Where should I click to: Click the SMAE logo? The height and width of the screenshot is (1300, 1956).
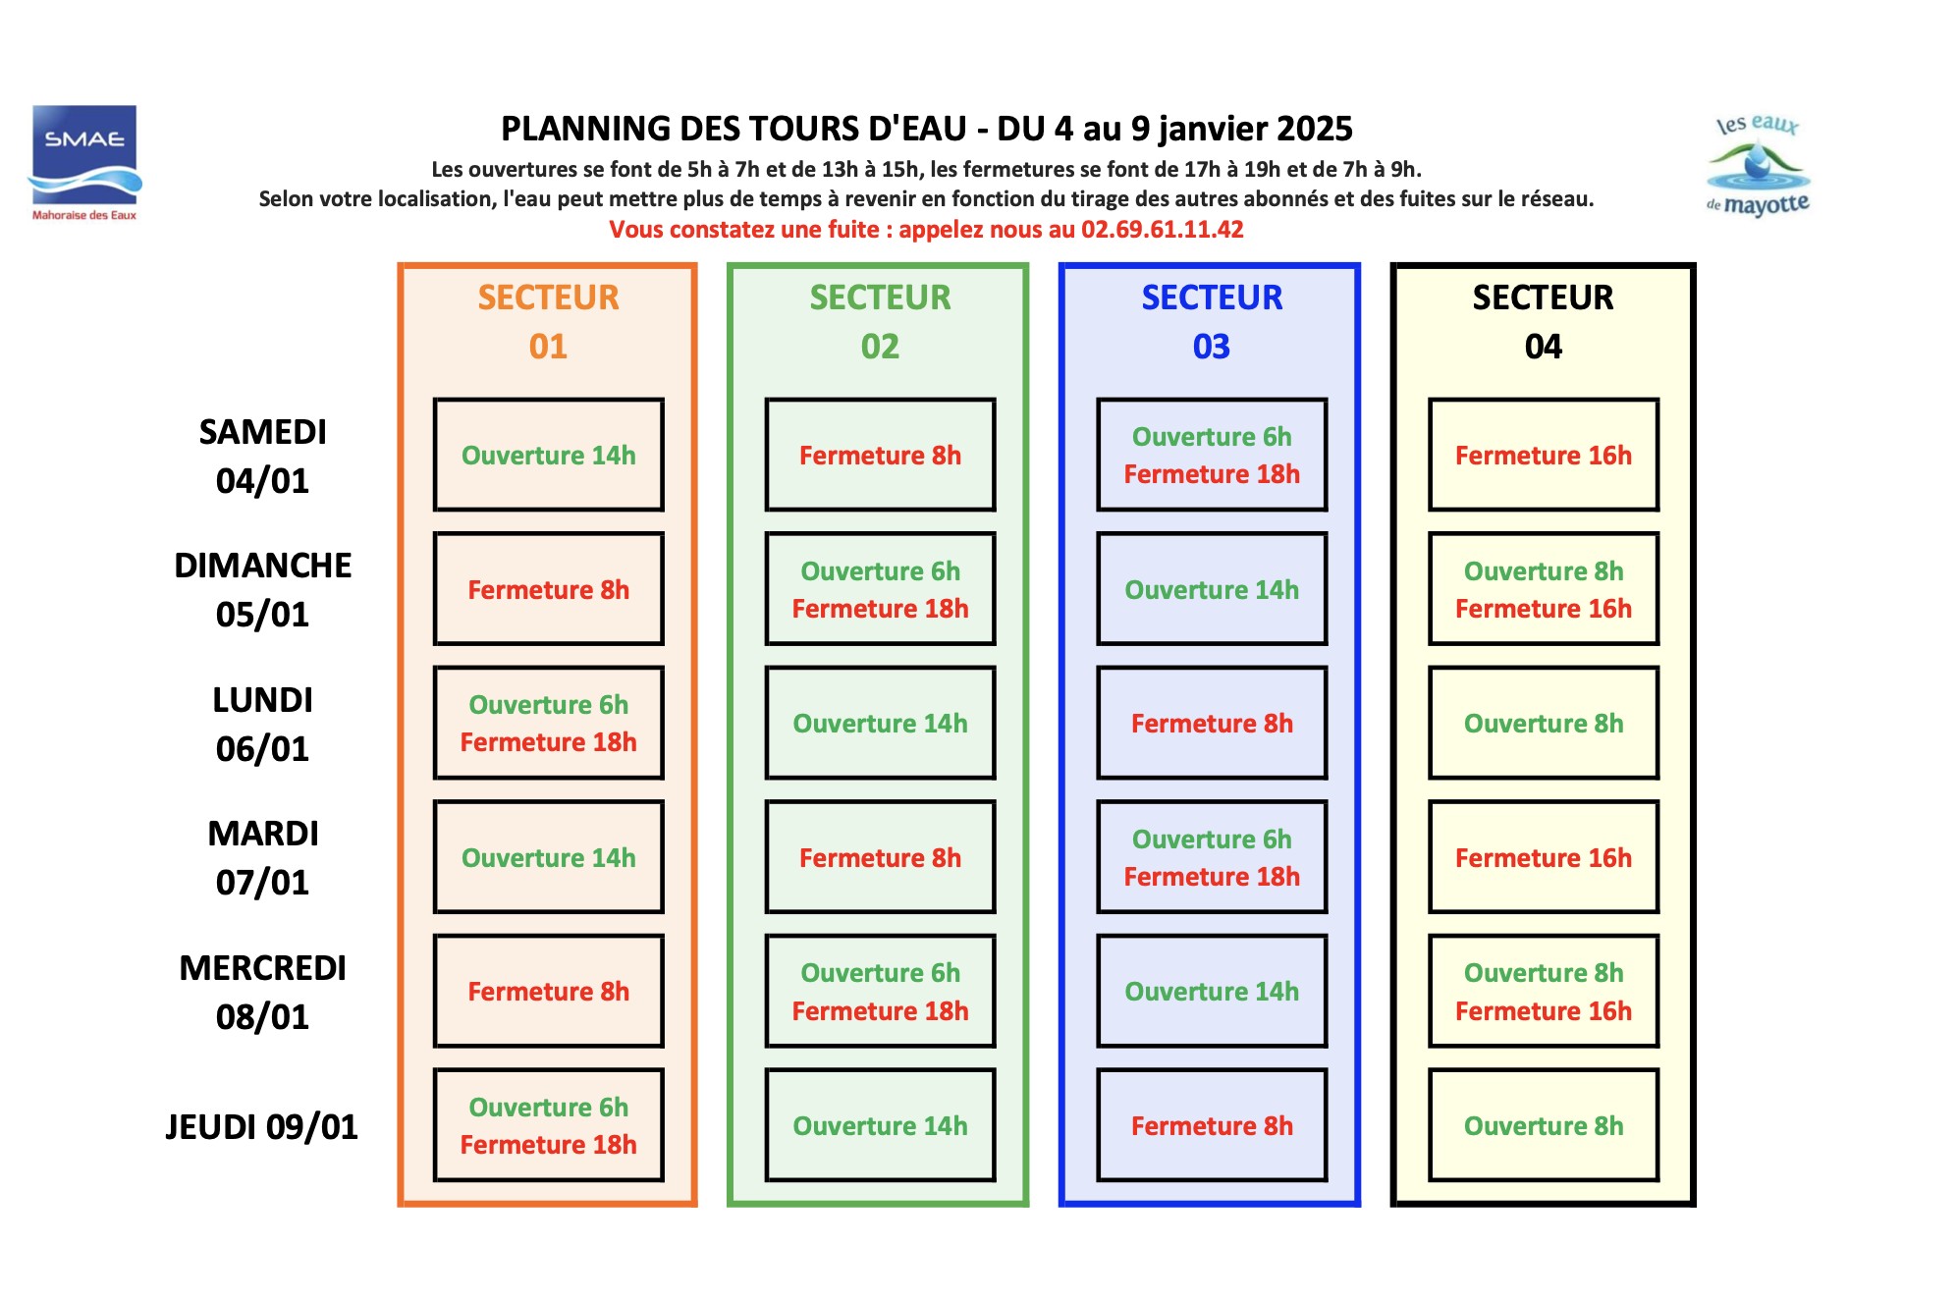tap(84, 162)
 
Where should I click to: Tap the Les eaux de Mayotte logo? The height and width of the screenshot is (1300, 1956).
tap(1758, 165)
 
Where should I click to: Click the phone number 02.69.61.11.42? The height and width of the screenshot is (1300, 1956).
tap(1162, 230)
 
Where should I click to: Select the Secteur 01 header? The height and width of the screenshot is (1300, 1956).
tap(548, 322)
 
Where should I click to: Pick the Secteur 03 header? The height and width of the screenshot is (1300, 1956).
tap(1212, 322)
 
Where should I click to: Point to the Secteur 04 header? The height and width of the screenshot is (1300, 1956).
tap(1543, 322)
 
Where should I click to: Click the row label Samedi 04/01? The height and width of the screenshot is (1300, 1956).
tap(262, 457)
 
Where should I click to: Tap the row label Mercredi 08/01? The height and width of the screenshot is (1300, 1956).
tap(262, 993)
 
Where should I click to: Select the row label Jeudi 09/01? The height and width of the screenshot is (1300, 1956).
tap(261, 1127)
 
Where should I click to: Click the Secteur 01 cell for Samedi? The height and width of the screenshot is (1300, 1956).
tap(549, 455)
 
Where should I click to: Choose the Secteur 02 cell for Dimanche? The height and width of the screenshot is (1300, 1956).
tap(880, 589)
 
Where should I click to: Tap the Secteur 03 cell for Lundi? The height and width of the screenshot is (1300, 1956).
tap(1212, 723)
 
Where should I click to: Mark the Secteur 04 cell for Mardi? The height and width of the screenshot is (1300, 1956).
tap(1544, 857)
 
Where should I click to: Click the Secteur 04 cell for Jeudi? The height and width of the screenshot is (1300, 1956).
tap(1544, 1125)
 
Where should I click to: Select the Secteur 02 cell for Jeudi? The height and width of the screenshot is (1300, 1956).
tap(880, 1125)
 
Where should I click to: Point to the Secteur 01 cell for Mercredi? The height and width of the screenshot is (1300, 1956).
tap(549, 991)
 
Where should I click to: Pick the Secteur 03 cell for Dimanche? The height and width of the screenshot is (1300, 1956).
tap(1212, 589)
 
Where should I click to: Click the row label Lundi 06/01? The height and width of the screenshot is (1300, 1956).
tap(262, 725)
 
